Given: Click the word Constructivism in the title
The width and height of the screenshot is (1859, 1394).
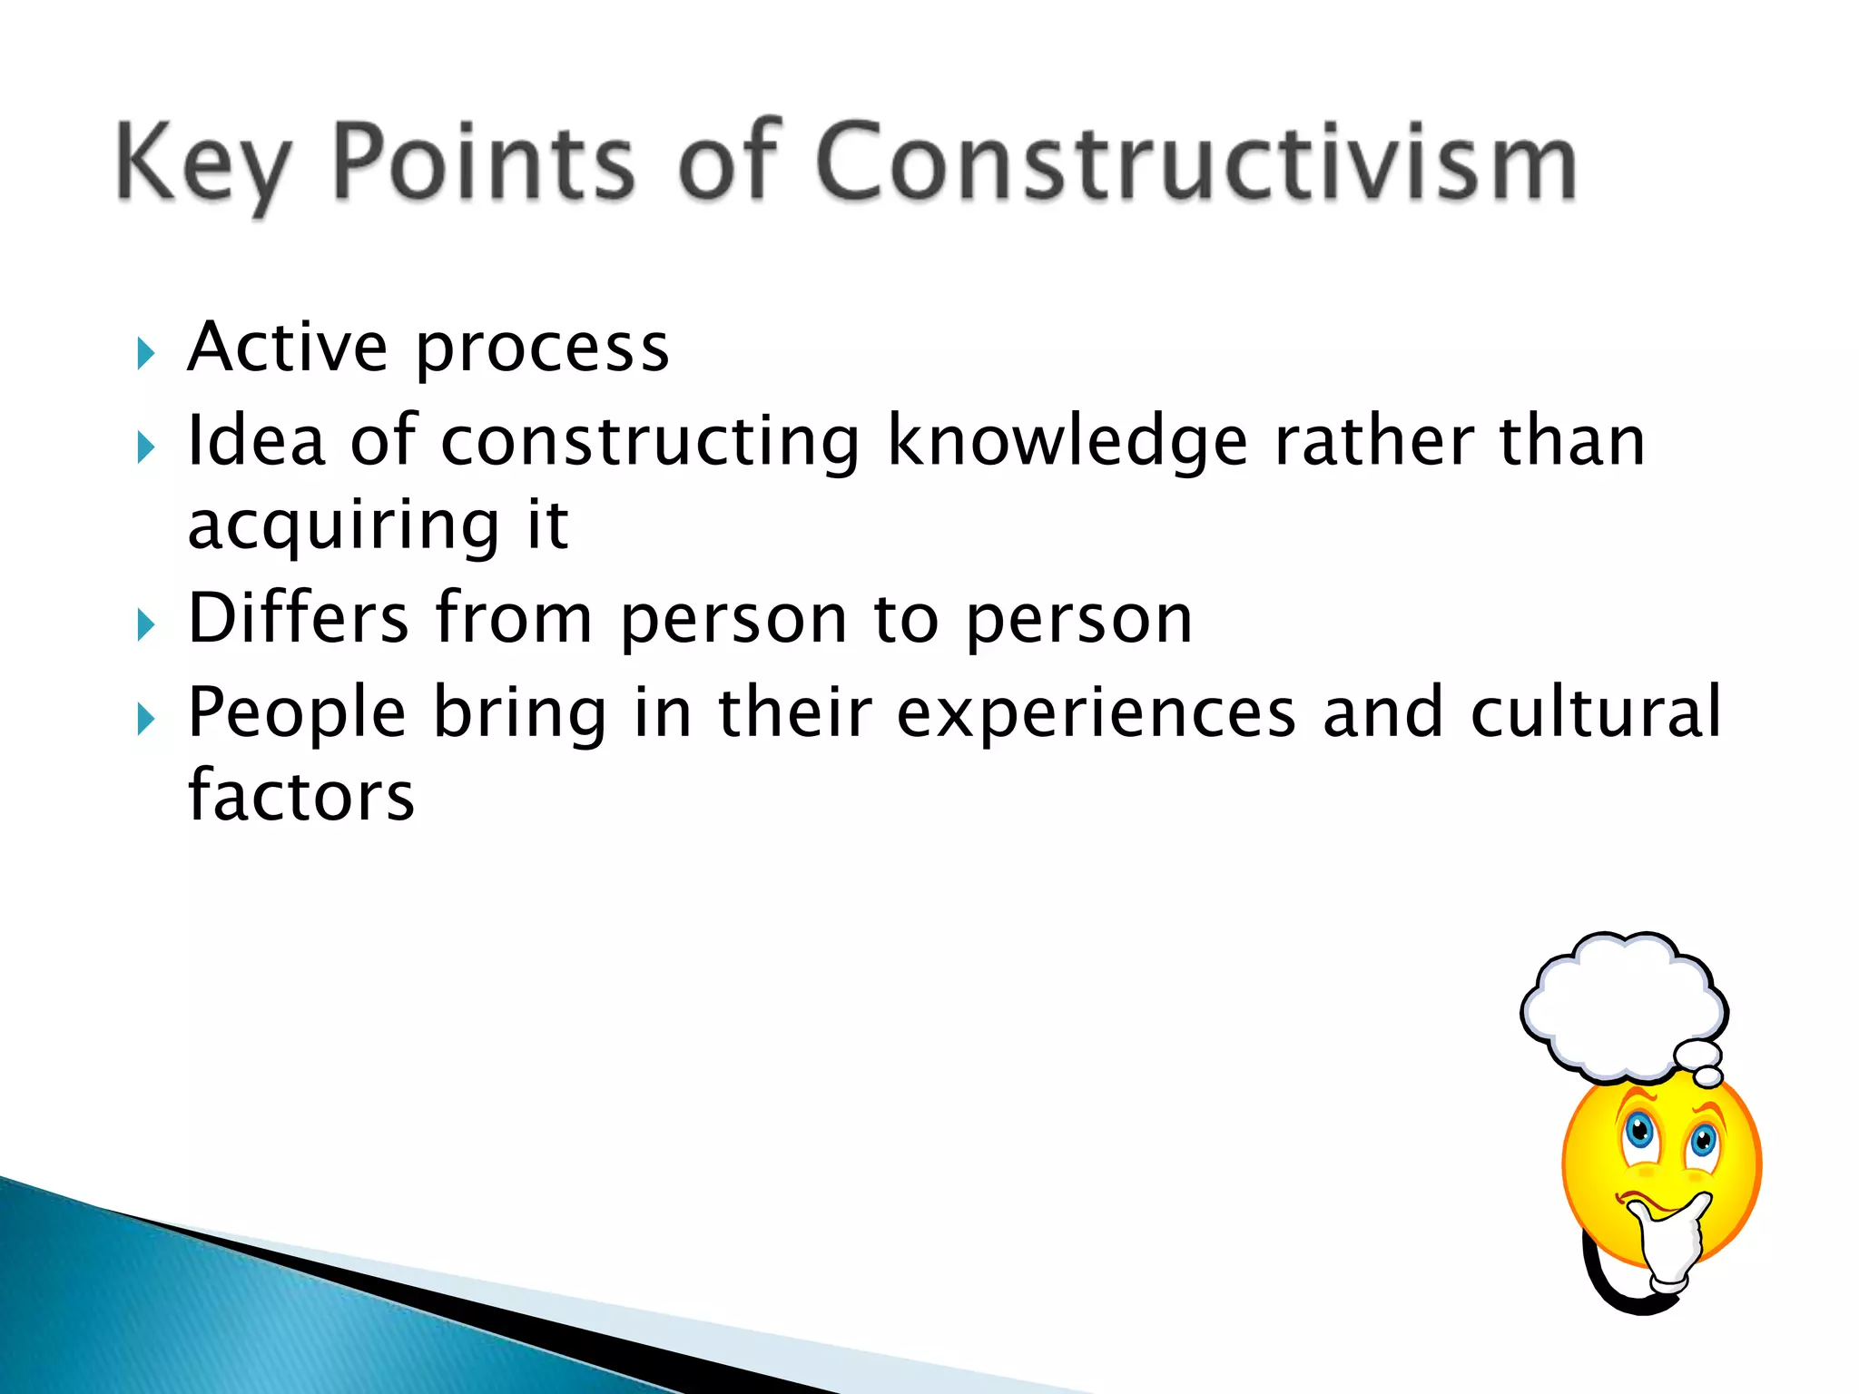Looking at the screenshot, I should (1196, 163).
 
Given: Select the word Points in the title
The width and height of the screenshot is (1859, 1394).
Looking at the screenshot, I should (484, 163).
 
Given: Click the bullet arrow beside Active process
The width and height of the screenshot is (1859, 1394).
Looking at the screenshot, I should (145, 353).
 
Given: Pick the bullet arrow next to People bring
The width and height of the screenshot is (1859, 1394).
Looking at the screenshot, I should (145, 719).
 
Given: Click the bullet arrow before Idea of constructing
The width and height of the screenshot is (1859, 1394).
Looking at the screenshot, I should (145, 447).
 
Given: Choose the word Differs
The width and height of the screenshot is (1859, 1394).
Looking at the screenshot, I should (298, 618).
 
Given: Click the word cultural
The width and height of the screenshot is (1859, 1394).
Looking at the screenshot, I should (1595, 712).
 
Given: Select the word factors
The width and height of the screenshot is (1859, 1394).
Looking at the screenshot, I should (301, 795).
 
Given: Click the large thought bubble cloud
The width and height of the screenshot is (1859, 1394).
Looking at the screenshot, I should (1623, 1002).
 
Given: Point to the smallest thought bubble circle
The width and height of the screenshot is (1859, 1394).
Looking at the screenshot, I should (1708, 1077).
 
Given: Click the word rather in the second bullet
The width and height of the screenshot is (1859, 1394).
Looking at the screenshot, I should (1373, 441).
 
